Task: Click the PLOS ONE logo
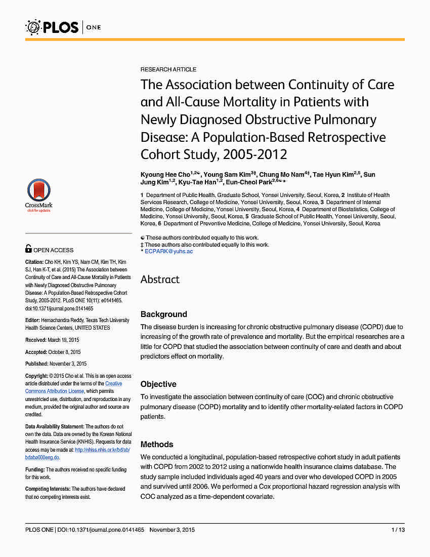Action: coord(63,26)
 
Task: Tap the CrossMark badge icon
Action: coord(39,195)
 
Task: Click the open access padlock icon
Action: coord(29,249)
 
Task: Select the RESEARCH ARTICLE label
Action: coord(168,69)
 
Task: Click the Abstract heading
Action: coord(160,280)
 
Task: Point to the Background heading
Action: coord(163,314)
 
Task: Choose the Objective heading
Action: coord(158,384)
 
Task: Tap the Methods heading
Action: coord(157,445)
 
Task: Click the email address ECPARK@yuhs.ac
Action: coord(168,252)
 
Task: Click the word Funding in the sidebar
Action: coord(35,470)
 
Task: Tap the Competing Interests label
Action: coord(48,489)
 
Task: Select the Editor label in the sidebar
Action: coord(33,321)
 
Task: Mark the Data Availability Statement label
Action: coord(54,427)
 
